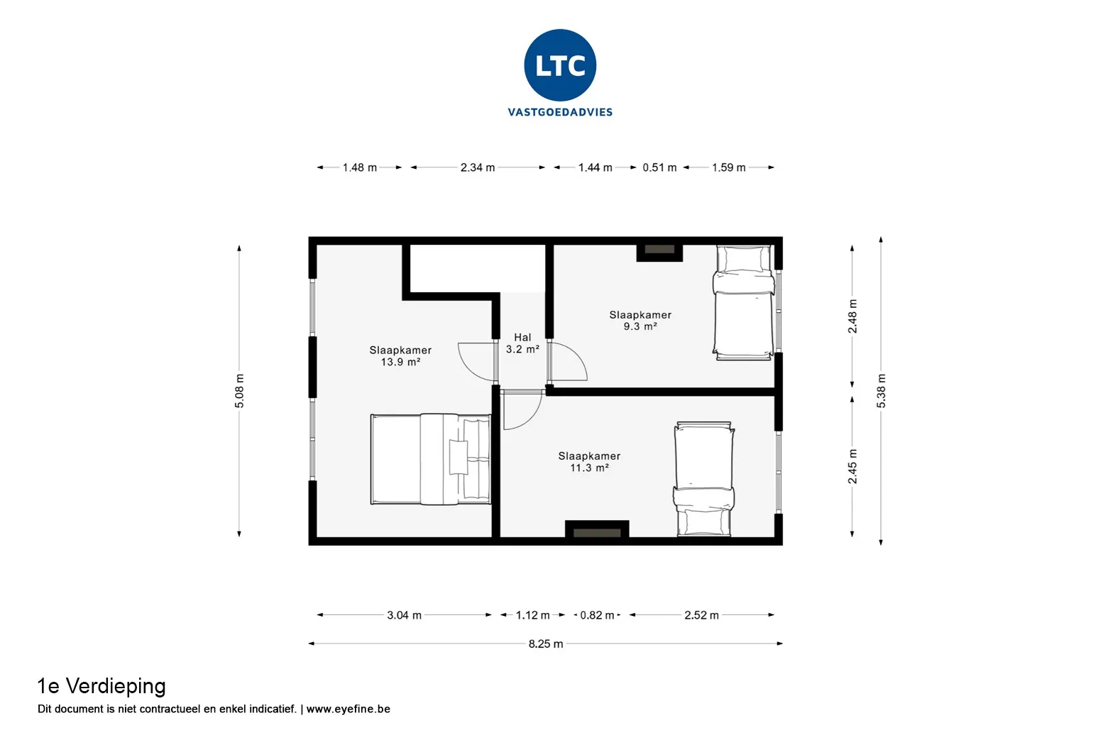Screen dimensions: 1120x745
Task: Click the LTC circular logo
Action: [x=560, y=65]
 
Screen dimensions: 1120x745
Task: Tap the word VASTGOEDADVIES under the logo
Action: [x=560, y=112]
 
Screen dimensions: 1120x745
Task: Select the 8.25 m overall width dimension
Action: [x=546, y=644]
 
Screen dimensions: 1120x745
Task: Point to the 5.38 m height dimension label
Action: [x=881, y=391]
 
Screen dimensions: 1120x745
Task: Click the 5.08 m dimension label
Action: [x=239, y=391]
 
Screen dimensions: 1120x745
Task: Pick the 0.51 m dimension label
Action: [x=659, y=167]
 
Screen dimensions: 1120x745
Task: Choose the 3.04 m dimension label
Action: [x=404, y=615]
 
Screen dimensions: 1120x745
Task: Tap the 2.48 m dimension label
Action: [x=852, y=316]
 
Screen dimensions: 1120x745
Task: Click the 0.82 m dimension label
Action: [x=597, y=615]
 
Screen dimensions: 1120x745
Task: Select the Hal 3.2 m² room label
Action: [x=522, y=343]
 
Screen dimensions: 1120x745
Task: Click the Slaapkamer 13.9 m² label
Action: [x=400, y=356]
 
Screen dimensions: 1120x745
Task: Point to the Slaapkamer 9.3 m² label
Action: [x=640, y=321]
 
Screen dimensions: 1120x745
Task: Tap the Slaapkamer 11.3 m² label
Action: [x=590, y=461]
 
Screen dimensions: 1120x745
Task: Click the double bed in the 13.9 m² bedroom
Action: [x=431, y=459]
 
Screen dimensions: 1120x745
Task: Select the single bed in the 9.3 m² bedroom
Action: [x=744, y=302]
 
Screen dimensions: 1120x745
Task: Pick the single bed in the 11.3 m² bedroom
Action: [x=704, y=479]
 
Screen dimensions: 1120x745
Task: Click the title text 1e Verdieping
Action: [x=101, y=687]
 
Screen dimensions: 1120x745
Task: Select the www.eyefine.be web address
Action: [x=348, y=709]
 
